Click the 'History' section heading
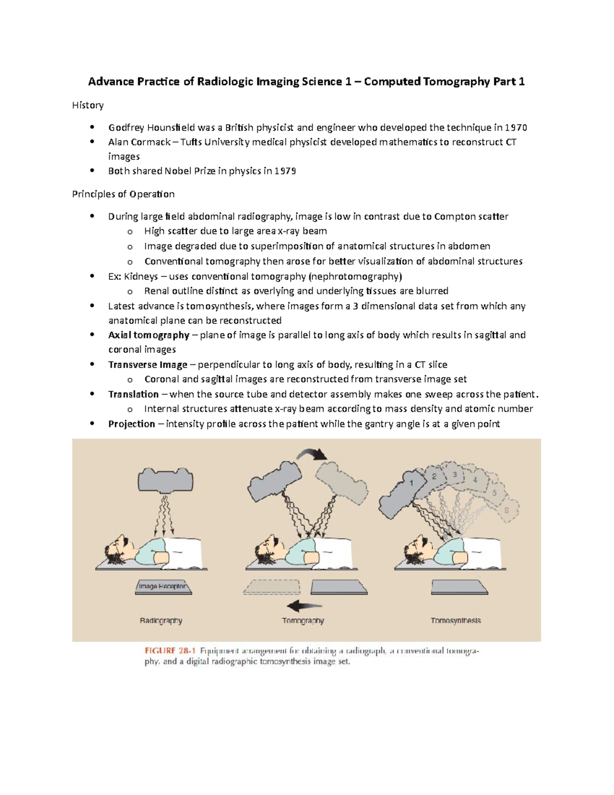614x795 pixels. coord(87,105)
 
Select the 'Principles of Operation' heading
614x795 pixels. coord(123,194)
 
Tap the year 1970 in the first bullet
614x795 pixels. coord(516,127)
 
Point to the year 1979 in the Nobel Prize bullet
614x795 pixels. coord(285,171)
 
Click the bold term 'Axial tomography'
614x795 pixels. coord(148,335)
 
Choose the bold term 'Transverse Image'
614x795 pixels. coord(147,364)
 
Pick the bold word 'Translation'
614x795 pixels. coord(133,394)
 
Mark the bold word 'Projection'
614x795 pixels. coord(131,424)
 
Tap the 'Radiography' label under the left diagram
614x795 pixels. coord(161,620)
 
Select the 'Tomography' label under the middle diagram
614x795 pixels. coord(303,620)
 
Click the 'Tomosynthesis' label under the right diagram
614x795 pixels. coord(455,620)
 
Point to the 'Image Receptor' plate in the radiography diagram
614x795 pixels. coord(163,587)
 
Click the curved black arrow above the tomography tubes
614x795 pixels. coord(312,454)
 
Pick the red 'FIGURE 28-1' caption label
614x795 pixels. coord(170,651)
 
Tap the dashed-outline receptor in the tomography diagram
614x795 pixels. coord(272,587)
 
